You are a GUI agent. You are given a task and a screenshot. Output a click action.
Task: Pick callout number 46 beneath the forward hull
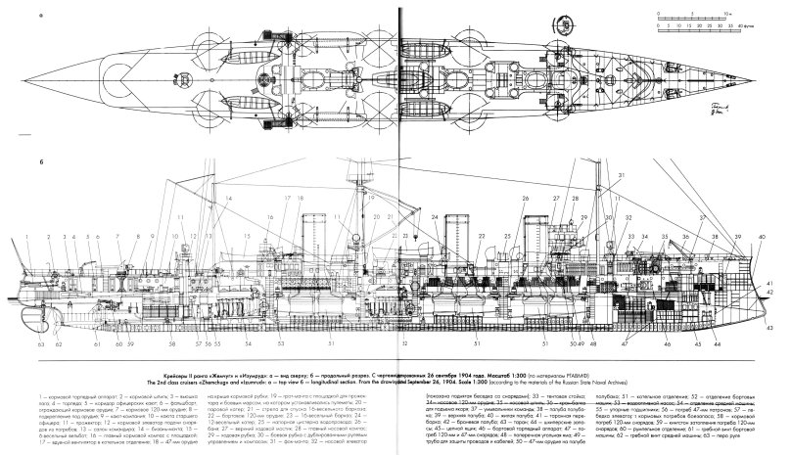coord(666,345)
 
